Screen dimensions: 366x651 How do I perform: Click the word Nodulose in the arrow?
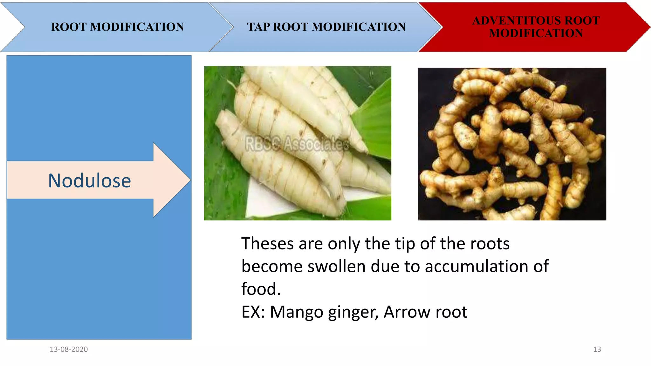pyautogui.click(x=89, y=181)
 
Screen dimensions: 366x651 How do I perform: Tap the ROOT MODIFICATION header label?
pyautogui.click(x=118, y=27)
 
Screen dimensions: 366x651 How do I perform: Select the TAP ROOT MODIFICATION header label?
pyautogui.click(x=326, y=27)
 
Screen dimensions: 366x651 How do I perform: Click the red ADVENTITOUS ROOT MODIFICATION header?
pyautogui.click(x=536, y=27)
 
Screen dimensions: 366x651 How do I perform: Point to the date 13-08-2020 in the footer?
pyautogui.click(x=69, y=349)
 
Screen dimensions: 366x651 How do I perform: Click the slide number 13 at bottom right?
pyautogui.click(x=597, y=349)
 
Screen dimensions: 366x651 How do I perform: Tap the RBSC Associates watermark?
pyautogui.click(x=297, y=144)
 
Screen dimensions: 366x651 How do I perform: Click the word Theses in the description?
pyautogui.click(x=267, y=244)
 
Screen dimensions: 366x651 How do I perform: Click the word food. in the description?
pyautogui.click(x=261, y=289)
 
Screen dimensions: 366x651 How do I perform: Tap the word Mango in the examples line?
pyautogui.click(x=297, y=312)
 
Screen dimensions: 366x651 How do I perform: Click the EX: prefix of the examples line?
pyautogui.click(x=253, y=312)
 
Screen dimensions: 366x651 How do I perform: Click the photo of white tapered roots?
pyautogui.click(x=298, y=143)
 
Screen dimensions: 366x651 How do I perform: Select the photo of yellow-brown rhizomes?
pyautogui.click(x=512, y=144)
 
